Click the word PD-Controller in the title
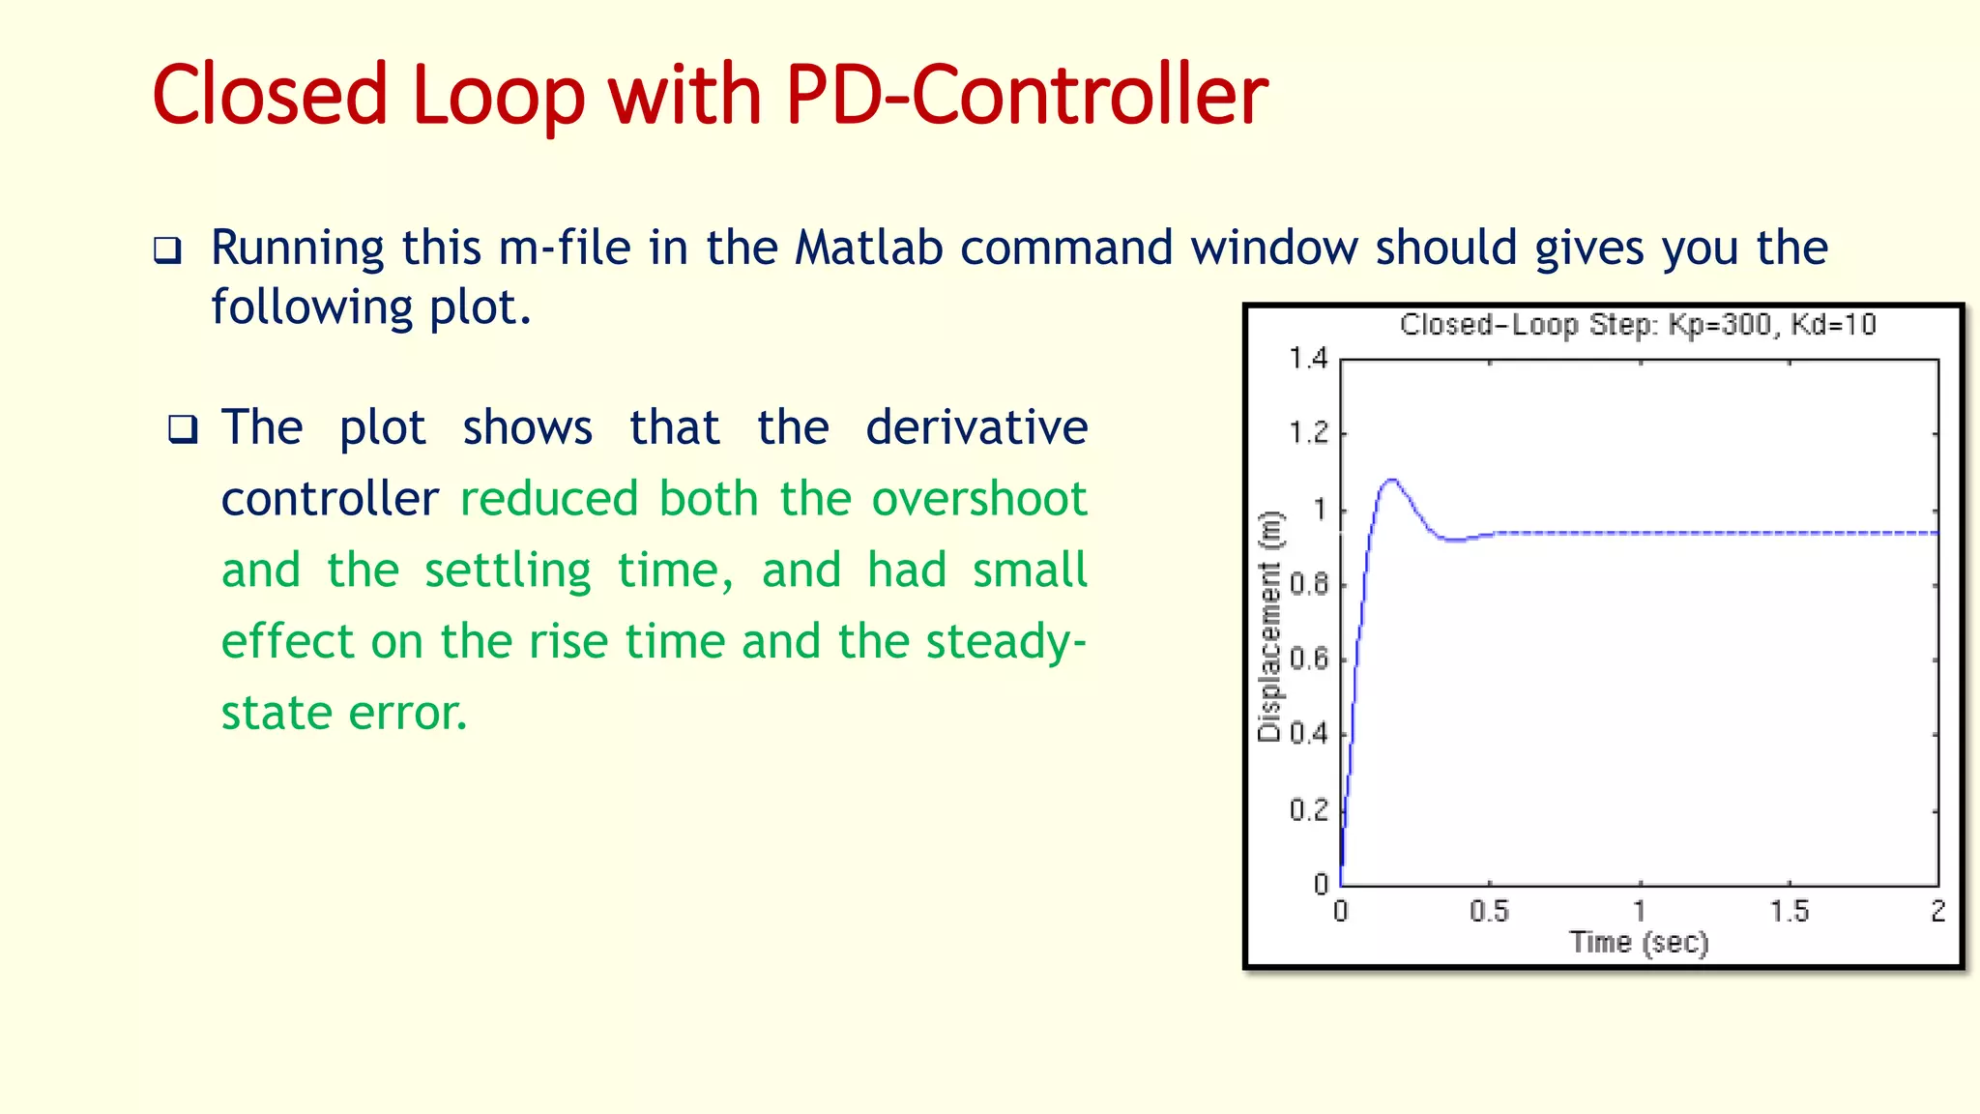tap(1026, 95)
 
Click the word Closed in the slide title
tap(270, 95)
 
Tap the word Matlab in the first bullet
tap(868, 248)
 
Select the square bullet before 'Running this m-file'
tap(167, 251)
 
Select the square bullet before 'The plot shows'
tap(183, 428)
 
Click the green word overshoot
tap(978, 499)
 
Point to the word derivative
tap(975, 427)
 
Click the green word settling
tap(508, 571)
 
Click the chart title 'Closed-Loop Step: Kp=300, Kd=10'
tap(1638, 325)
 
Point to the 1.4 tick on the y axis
tap(1308, 359)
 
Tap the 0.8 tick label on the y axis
tap(1308, 584)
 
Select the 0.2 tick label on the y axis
tap(1308, 809)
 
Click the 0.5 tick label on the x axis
tap(1489, 911)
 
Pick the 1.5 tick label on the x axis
tap(1789, 911)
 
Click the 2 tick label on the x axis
tap(1937, 911)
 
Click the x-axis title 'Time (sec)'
tap(1639, 942)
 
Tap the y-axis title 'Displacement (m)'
tap(1268, 627)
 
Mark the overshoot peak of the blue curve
tap(1391, 480)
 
